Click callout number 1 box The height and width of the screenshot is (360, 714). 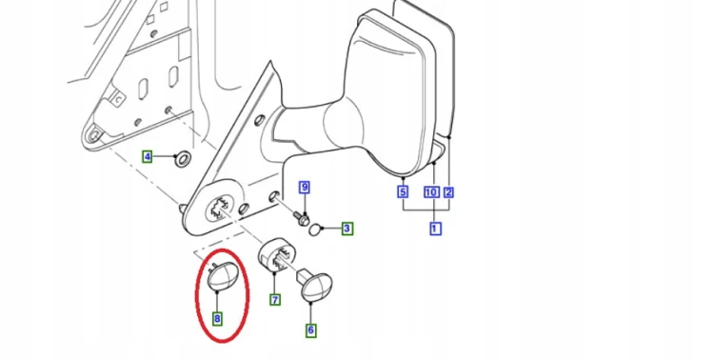coord(435,229)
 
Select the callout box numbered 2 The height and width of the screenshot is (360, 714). coord(448,192)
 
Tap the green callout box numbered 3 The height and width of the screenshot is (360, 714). coord(347,229)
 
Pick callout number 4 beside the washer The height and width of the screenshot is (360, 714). coord(147,157)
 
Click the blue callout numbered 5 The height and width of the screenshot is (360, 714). coord(403,192)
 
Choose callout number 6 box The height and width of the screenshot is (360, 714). coord(310,330)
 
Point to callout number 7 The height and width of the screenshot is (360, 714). coord(275,300)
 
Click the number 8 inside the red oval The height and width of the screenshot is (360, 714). coord(217,319)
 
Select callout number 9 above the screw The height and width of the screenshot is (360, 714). coord(305,188)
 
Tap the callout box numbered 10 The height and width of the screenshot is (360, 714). coord(431,192)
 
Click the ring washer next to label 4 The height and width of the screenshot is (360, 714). coord(183,159)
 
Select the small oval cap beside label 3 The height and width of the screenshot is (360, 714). coord(315,230)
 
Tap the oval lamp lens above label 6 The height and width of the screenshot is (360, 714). coord(317,287)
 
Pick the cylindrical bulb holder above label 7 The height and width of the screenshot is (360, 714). coord(277,256)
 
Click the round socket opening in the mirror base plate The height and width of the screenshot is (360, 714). coord(221,209)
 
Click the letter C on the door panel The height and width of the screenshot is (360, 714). coord(119,98)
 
